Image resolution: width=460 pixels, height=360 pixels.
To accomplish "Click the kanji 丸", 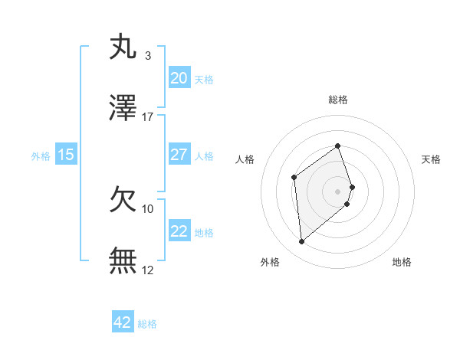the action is point(123,47).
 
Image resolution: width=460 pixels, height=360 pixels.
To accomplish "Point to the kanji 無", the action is point(123,261).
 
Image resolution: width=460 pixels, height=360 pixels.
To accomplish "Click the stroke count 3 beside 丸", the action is point(147,55).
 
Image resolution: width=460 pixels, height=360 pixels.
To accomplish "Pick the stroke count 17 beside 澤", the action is point(147,116).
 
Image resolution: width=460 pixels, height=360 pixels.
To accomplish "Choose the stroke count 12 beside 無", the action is point(147,270).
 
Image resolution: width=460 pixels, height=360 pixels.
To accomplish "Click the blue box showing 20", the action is point(179,77).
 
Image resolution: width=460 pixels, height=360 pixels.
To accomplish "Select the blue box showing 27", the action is point(179,155).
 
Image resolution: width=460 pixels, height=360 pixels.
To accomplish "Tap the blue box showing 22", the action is point(179,231).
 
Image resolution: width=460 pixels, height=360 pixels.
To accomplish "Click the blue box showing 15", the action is point(66,155).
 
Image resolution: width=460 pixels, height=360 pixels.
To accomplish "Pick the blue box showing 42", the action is point(123,322).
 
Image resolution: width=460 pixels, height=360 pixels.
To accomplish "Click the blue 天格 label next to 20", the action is point(204,79).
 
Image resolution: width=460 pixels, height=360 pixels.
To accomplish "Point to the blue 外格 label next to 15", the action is point(41,156).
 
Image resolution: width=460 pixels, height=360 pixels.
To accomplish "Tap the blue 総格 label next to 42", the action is point(147,324).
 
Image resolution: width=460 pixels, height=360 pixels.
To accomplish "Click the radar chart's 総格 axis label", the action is point(337,100).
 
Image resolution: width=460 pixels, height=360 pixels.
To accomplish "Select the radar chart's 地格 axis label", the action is point(402,262).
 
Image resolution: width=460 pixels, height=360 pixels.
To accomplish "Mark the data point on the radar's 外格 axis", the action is point(301,242).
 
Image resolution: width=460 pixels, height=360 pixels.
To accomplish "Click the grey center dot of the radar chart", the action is point(337,190).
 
